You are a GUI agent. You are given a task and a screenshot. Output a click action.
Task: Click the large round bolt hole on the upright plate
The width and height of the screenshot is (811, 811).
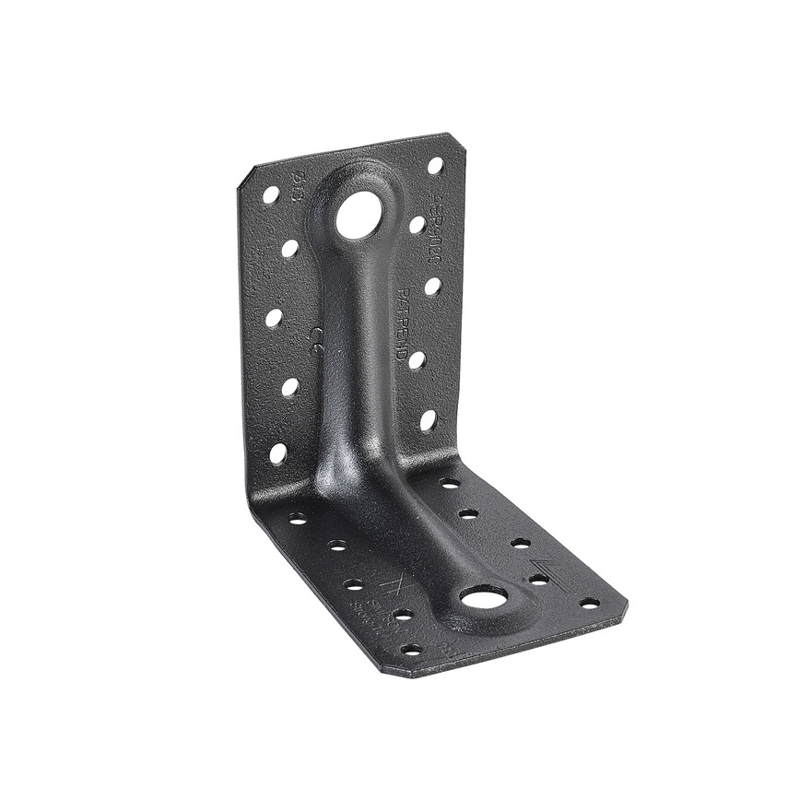[358, 216]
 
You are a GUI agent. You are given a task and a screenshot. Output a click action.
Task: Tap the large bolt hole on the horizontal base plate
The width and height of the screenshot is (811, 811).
[484, 600]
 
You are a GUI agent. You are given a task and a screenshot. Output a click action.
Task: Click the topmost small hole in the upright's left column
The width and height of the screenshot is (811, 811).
[271, 194]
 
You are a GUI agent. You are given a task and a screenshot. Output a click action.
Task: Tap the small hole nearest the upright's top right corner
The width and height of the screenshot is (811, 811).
[435, 166]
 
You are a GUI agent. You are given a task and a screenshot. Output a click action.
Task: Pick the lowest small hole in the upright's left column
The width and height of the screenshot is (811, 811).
[277, 453]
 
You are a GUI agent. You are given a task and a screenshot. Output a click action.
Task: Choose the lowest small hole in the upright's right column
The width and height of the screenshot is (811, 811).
[428, 420]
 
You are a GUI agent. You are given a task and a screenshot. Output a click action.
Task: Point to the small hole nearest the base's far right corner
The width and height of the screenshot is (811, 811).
[589, 604]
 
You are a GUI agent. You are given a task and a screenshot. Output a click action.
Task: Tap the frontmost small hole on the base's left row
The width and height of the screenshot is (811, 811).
[411, 650]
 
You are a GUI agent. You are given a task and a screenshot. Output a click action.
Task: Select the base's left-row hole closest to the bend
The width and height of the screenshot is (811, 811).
[298, 519]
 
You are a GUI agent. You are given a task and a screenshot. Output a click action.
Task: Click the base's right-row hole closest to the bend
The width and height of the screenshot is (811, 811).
[450, 483]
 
